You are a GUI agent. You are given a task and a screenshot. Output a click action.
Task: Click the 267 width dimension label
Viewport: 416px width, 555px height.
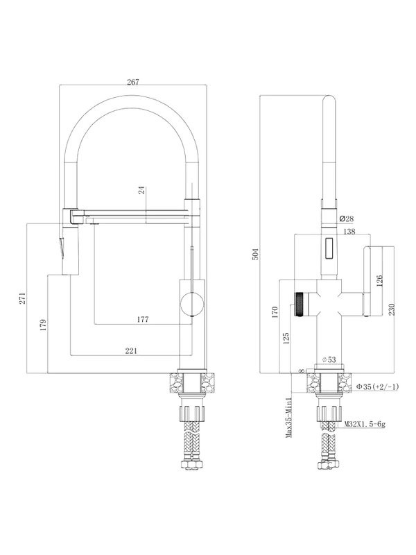pyautogui.click(x=133, y=82)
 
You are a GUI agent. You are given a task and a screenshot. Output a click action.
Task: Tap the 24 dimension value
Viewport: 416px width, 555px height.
pyautogui.click(x=142, y=190)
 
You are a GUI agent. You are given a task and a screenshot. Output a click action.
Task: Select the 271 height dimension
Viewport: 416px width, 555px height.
pyautogui.click(x=22, y=298)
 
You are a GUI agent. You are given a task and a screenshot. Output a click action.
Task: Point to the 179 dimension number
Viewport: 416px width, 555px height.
pyautogui.click(x=43, y=325)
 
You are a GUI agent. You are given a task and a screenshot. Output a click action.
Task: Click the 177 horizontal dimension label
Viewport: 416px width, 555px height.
pyautogui.click(x=143, y=319)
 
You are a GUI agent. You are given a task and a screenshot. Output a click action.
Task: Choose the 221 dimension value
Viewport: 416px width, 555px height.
pyautogui.click(x=131, y=350)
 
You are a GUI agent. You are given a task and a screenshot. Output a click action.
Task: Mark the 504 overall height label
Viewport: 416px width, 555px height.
pyautogui.click(x=255, y=254)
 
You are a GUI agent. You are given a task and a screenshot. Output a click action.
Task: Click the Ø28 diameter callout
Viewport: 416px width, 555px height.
pyautogui.click(x=346, y=219)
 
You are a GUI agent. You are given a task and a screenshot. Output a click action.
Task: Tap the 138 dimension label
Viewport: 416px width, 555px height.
pyautogui.click(x=349, y=232)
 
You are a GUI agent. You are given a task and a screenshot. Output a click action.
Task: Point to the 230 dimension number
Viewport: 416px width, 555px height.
pyautogui.click(x=391, y=309)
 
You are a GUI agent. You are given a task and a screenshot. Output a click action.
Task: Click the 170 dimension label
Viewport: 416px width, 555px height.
pyautogui.click(x=276, y=312)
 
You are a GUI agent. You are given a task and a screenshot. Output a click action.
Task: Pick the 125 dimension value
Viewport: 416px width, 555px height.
pyautogui.click(x=286, y=338)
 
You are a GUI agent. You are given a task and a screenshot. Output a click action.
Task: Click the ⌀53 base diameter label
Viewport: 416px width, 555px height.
pyautogui.click(x=329, y=359)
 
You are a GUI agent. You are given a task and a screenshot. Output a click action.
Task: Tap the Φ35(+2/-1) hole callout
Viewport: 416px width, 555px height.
pyautogui.click(x=377, y=387)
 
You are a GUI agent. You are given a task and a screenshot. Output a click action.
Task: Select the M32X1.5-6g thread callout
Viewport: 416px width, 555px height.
pyautogui.click(x=365, y=424)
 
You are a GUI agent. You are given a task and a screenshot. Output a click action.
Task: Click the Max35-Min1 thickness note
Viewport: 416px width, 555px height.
pyautogui.click(x=289, y=418)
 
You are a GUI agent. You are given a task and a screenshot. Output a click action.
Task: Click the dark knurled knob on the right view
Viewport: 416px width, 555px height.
pyautogui.click(x=300, y=304)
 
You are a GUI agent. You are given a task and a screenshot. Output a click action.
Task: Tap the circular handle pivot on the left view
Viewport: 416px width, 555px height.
pyautogui.click(x=192, y=304)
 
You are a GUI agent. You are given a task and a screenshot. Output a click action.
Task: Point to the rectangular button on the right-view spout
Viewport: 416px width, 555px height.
pyautogui.click(x=329, y=248)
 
